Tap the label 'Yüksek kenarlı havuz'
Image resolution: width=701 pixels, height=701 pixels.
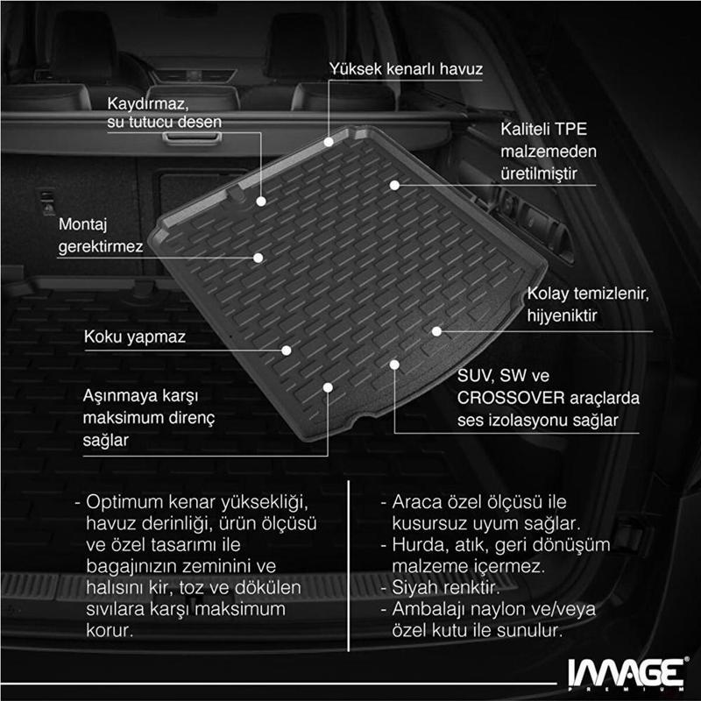[x=406, y=69]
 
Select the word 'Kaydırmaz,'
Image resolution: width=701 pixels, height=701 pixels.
[x=148, y=103]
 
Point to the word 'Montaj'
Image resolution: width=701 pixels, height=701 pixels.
[x=83, y=224]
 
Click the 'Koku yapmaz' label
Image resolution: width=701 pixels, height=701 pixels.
[x=135, y=336]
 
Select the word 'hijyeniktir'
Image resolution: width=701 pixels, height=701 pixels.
[x=562, y=315]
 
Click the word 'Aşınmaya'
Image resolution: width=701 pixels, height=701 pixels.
[x=120, y=396]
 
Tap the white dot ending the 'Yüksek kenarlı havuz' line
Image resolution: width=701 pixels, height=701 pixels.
[x=329, y=142]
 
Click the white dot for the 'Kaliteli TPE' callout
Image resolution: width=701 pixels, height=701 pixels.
[x=394, y=185]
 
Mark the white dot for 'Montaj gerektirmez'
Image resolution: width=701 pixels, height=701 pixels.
[x=258, y=258]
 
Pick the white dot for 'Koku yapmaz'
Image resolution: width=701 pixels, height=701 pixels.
[x=287, y=350]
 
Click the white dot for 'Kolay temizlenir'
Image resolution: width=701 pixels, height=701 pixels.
[x=436, y=331]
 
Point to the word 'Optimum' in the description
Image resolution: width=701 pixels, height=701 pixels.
[x=124, y=502]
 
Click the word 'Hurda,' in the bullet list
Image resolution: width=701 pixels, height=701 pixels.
[x=421, y=545]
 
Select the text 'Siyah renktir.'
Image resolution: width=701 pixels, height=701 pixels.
[x=446, y=587]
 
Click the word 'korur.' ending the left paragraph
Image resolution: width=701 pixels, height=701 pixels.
[x=110, y=631]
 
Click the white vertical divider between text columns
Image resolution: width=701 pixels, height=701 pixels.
[x=348, y=566]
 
